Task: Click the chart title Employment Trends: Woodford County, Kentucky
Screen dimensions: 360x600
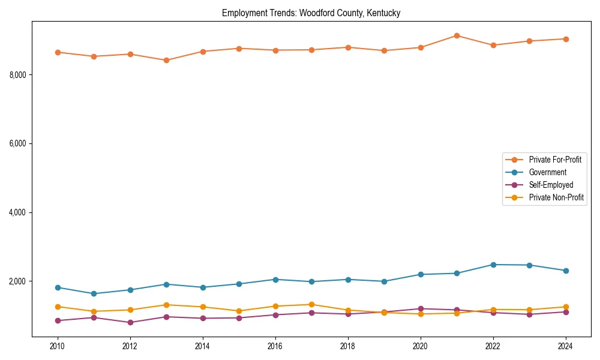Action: coord(311,13)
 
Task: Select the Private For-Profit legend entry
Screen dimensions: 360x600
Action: coord(555,160)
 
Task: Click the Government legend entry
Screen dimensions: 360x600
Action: coord(547,172)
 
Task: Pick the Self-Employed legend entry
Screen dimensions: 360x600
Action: coord(551,185)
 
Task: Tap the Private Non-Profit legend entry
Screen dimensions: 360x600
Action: coord(556,197)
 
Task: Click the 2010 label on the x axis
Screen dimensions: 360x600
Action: coord(58,346)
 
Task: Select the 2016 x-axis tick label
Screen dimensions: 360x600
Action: coord(275,346)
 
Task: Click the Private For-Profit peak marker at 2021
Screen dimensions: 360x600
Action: coord(457,35)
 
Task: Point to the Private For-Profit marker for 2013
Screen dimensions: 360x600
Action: coord(166,60)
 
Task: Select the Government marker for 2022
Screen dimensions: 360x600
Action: coord(493,265)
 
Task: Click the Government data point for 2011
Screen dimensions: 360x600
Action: coord(94,293)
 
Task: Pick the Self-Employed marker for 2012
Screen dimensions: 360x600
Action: coord(130,322)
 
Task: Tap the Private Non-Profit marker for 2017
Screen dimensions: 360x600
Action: coord(311,304)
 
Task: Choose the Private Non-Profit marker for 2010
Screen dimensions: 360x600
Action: coord(58,307)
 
